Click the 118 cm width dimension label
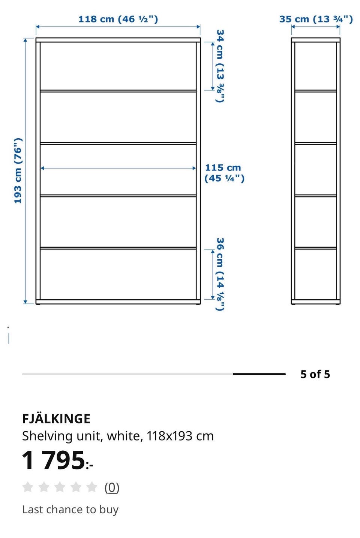pos(118,19)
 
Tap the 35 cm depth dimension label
pos(316,19)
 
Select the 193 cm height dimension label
pos(18,171)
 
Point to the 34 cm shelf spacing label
pos(220,66)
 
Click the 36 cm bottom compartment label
pos(220,274)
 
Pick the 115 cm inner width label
pos(224,173)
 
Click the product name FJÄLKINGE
pos(56,419)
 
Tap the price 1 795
pos(57,460)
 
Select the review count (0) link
pos(112,488)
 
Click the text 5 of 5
pos(315,374)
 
